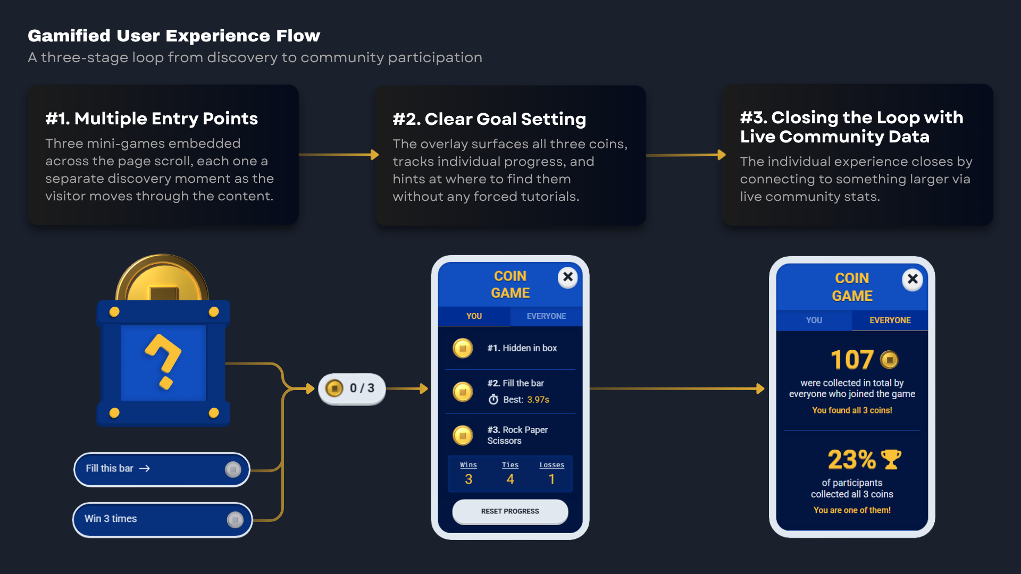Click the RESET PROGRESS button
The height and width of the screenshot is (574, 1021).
510,511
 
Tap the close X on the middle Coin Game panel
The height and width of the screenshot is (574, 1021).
568,277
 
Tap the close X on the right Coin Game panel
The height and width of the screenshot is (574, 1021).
913,279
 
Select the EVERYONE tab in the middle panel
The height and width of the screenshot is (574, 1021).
546,316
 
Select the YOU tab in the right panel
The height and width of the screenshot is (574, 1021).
814,320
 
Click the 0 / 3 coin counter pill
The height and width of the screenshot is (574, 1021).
352,389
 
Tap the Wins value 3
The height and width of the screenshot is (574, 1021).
468,479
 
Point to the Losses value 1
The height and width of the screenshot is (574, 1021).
552,479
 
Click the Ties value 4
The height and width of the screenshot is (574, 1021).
510,479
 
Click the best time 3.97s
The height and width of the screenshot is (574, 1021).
538,400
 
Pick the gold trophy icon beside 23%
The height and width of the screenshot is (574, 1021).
891,460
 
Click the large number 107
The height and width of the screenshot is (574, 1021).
852,360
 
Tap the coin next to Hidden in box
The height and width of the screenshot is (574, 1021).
463,349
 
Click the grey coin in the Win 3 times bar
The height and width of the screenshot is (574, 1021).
235,519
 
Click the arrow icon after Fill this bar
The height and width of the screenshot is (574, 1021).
145,469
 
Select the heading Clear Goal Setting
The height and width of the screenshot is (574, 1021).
505,119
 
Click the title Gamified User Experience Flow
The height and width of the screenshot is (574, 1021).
174,36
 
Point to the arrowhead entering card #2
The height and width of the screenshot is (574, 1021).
375,155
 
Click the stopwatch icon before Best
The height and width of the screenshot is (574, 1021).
493,400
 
